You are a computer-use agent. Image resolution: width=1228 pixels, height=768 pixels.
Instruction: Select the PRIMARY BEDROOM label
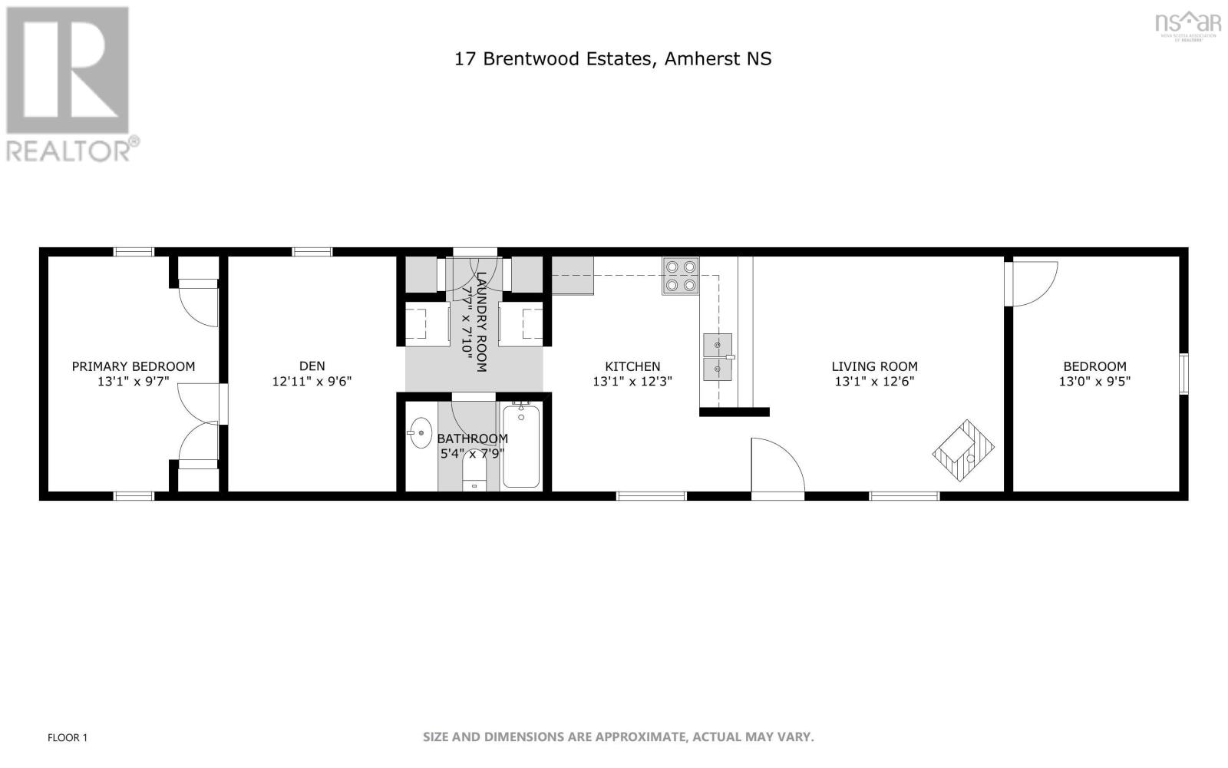134,366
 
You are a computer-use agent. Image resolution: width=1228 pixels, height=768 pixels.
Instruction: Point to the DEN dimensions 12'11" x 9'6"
312,381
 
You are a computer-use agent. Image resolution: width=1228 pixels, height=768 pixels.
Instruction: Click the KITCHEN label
632,366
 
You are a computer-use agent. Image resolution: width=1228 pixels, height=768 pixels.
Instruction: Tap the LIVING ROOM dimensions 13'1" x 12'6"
874,381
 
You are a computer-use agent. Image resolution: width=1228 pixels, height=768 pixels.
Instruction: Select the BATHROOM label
472,439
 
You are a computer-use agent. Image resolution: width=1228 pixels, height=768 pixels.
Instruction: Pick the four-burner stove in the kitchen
681,276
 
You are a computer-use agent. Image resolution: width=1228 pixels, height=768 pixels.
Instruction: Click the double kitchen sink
718,357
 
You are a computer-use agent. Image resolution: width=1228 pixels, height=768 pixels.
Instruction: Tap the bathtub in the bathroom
521,447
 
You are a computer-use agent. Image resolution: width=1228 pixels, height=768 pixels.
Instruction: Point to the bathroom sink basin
421,432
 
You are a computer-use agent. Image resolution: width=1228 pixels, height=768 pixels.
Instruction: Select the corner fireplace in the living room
963,451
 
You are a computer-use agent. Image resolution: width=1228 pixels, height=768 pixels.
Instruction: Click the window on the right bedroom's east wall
1183,374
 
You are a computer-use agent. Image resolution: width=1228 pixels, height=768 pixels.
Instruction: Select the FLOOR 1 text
68,738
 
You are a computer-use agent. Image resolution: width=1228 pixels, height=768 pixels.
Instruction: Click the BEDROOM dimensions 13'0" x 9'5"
1094,381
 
